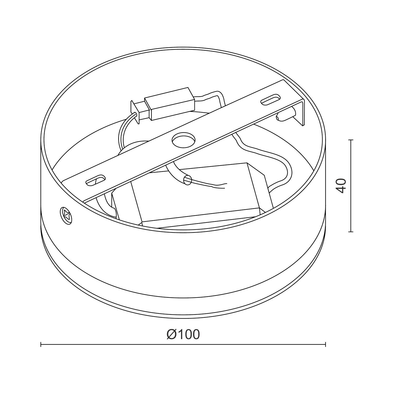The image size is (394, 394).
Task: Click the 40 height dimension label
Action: pos(341,186)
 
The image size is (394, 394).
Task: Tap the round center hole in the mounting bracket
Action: pos(184,140)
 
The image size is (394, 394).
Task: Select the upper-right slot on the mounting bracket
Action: pos(270,100)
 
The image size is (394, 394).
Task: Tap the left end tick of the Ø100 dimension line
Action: pos(41,344)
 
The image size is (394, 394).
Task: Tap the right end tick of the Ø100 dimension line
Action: pos(325,344)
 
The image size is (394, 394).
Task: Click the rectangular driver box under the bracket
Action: pos(194,195)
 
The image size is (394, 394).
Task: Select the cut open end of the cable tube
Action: pos(188,180)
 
